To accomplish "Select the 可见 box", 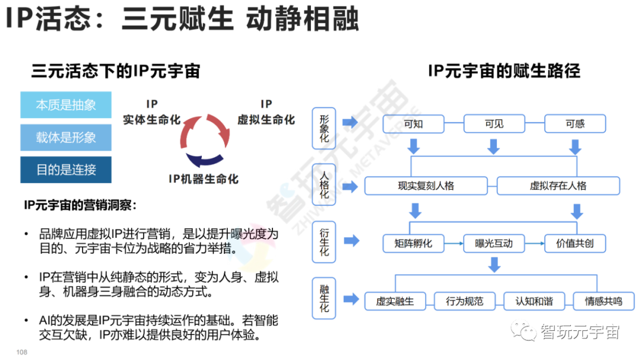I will (x=494, y=124).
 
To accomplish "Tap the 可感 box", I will (x=575, y=124).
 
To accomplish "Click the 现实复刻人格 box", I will (x=426, y=186).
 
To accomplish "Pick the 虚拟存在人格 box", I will (x=558, y=186).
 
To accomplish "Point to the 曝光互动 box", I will (x=494, y=243).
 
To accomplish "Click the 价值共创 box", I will (x=575, y=243).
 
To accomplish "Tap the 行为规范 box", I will (x=465, y=301).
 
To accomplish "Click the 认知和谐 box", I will (x=534, y=301).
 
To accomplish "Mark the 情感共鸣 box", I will (x=604, y=301).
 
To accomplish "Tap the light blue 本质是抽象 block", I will (x=66, y=105).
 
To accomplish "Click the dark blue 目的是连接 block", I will (x=66, y=170).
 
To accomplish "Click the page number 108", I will (x=22, y=352).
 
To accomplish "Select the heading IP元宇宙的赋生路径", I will (x=504, y=71).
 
